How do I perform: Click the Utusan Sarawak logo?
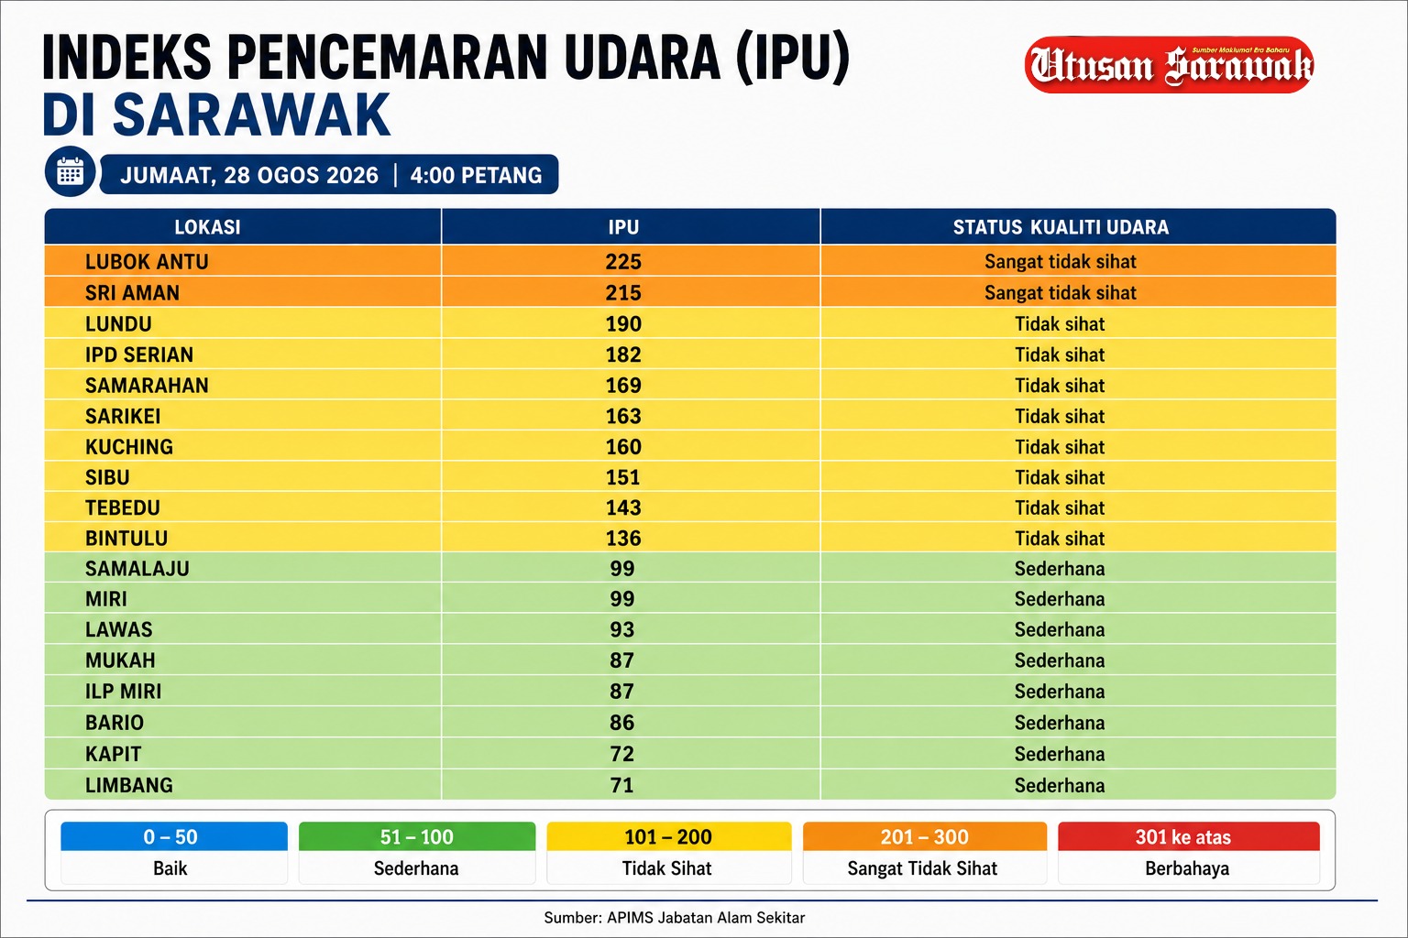point(1169,65)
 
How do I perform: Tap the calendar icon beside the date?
point(70,171)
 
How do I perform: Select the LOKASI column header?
point(207,227)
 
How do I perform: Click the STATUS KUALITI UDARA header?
point(1061,227)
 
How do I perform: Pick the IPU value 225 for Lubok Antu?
point(623,261)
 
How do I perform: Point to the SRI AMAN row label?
point(132,293)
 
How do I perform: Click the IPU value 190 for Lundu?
point(623,323)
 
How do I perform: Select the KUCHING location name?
point(129,447)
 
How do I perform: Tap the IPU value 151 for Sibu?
point(623,477)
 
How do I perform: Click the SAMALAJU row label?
point(137,569)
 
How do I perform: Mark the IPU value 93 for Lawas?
point(622,629)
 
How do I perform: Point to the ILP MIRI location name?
point(123,691)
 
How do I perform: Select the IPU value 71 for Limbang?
point(622,785)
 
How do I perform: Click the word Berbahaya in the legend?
point(1187,868)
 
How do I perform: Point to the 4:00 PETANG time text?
point(476,175)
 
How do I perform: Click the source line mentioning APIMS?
point(674,918)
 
